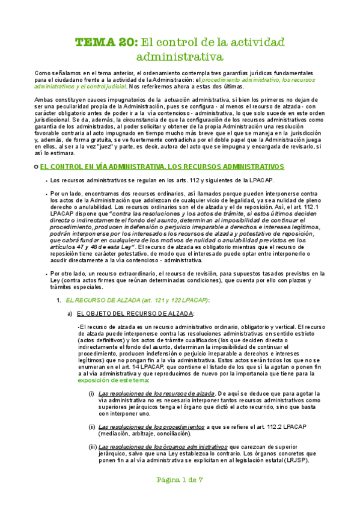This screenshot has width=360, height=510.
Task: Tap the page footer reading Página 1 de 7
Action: [180, 497]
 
